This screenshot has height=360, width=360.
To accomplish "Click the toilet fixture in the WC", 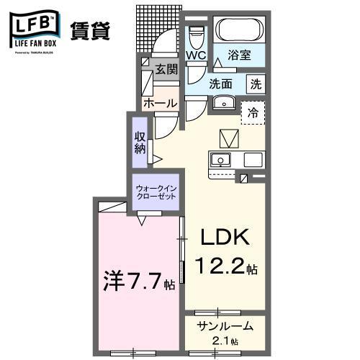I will click(x=195, y=36).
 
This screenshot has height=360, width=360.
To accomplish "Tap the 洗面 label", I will click(x=221, y=84).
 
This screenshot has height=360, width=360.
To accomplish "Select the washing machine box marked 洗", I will click(x=256, y=84).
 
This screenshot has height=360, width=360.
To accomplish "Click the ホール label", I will click(x=160, y=104).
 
